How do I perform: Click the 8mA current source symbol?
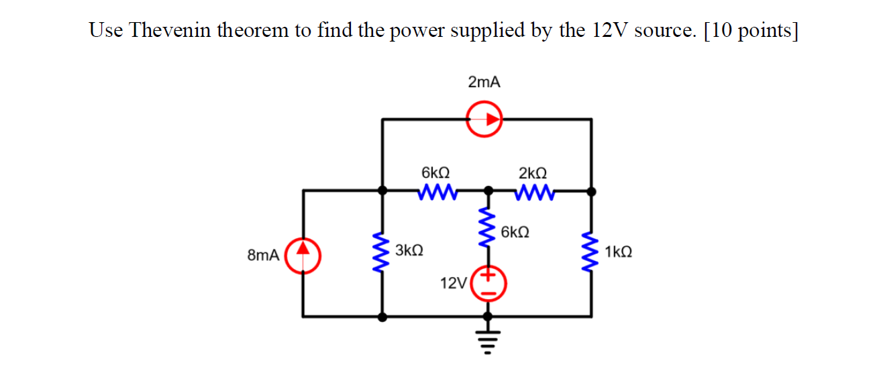click(304, 256)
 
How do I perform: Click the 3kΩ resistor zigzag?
click(382, 255)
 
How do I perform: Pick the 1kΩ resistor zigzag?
click(591, 253)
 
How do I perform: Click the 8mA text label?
click(262, 256)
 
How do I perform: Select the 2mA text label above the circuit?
click(484, 83)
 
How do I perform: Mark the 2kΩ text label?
click(533, 172)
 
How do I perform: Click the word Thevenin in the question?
click(173, 31)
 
